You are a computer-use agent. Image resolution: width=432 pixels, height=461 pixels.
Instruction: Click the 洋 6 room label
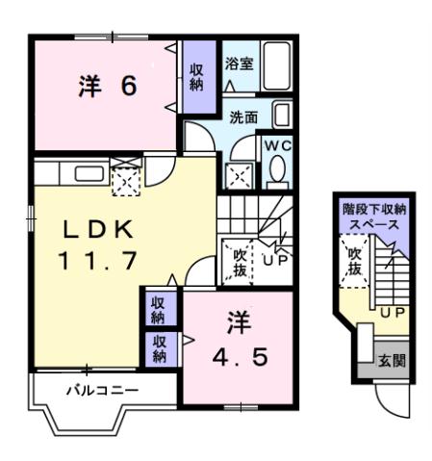click(x=106, y=86)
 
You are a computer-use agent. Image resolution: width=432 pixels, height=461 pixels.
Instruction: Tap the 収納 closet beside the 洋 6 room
click(x=195, y=76)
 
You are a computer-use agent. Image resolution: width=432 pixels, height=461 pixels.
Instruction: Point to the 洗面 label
click(x=242, y=117)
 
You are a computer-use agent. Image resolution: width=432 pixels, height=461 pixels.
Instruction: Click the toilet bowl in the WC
click(x=278, y=170)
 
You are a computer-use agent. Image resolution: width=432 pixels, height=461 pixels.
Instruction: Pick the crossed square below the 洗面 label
click(x=239, y=173)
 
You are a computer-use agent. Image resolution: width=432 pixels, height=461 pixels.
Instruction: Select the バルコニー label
click(x=102, y=391)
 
